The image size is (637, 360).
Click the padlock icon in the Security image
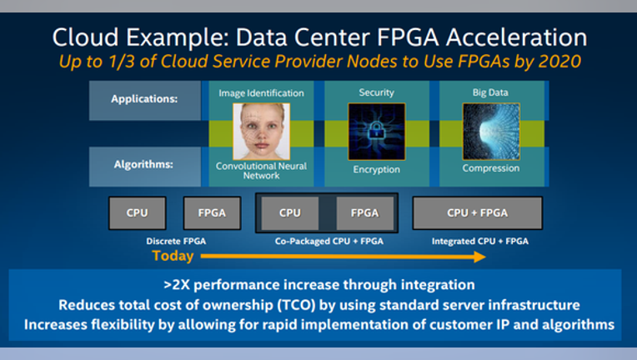click(376, 131)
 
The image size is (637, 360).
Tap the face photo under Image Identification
click(261, 131)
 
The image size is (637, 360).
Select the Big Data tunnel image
click(491, 131)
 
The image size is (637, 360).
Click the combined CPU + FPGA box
click(478, 213)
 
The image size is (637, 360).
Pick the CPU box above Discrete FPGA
click(138, 213)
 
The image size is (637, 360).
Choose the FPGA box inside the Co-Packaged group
click(365, 213)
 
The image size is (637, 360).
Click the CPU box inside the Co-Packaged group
click(290, 213)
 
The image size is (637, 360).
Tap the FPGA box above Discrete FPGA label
click(212, 213)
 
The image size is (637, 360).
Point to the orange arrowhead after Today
click(479, 257)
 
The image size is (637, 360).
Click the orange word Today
click(173, 256)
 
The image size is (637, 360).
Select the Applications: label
click(144, 99)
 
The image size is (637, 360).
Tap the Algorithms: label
click(143, 164)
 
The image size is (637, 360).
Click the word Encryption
click(376, 169)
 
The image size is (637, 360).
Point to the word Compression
click(491, 168)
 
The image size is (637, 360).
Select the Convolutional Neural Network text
click(261, 171)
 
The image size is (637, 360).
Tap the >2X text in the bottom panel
click(177, 285)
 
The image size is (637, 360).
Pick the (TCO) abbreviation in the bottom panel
click(296, 305)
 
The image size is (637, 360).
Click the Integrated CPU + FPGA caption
click(480, 241)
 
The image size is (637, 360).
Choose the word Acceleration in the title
click(517, 37)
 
